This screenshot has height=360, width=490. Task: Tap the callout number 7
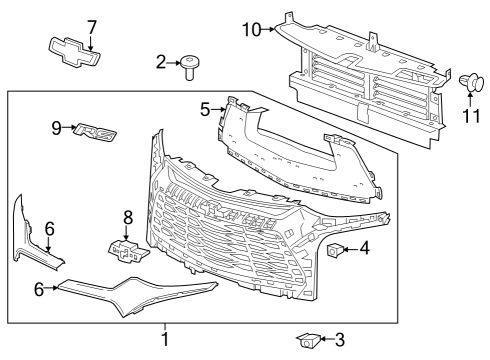[x=91, y=26]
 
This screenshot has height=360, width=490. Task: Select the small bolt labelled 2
[x=190, y=66]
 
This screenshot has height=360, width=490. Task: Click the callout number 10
[x=251, y=29]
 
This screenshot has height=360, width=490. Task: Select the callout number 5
[x=205, y=108]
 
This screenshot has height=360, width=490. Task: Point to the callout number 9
[x=58, y=127]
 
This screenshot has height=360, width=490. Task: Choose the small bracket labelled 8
[x=123, y=250]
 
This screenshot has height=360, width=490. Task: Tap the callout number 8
[x=127, y=217]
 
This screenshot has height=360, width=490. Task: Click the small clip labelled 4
[x=337, y=250]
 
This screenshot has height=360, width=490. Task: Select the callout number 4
[x=365, y=248]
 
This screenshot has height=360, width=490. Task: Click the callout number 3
[x=339, y=340]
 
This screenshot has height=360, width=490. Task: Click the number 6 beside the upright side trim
[x=48, y=228]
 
